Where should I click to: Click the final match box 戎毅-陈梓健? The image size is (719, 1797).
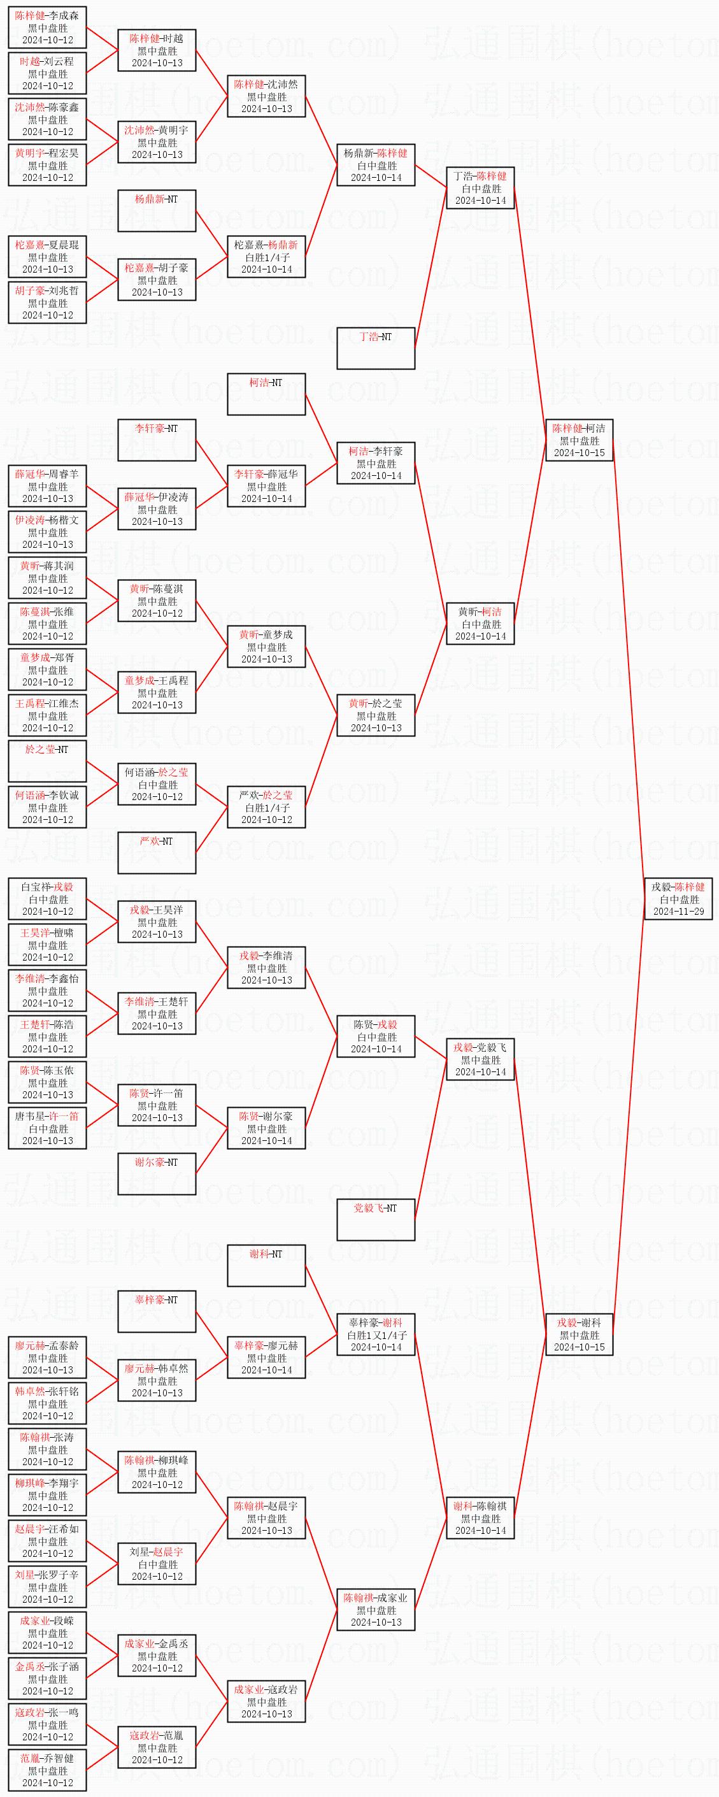(x=678, y=898)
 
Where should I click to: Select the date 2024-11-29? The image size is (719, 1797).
(x=678, y=911)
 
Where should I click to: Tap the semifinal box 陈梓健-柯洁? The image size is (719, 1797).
(x=579, y=440)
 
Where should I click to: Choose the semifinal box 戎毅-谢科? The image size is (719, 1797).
(x=579, y=1335)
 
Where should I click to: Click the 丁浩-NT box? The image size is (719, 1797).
(x=376, y=348)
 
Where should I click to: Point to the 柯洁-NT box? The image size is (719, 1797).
(x=266, y=394)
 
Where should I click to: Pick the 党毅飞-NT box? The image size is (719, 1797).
(x=376, y=1219)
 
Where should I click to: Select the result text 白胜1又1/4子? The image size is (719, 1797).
(x=376, y=1335)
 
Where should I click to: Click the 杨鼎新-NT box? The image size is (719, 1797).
(x=157, y=211)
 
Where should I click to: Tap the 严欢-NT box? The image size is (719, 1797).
(x=157, y=852)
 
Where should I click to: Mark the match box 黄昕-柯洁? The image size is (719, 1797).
(x=480, y=624)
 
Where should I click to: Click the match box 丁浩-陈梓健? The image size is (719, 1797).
(x=480, y=188)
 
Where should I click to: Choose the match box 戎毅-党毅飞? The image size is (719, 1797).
(x=480, y=1059)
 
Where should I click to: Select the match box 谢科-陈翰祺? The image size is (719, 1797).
(x=480, y=1518)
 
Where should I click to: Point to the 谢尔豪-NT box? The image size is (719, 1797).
(x=157, y=1173)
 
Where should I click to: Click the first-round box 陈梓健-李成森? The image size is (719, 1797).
(x=47, y=27)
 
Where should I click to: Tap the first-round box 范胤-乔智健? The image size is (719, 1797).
(x=47, y=1770)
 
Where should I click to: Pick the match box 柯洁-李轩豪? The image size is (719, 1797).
(x=376, y=463)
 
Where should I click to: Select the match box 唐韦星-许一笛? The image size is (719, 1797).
(x=47, y=1128)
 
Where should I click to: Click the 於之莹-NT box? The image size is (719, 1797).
(x=47, y=761)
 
